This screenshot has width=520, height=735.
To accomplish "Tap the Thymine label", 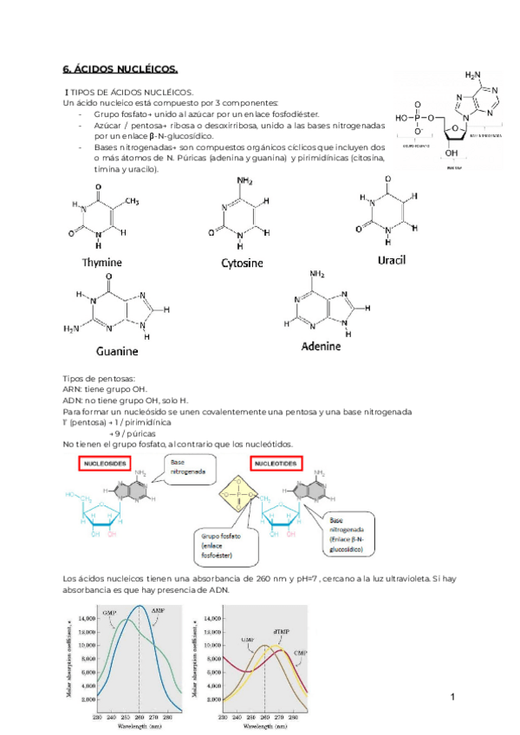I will (x=102, y=262).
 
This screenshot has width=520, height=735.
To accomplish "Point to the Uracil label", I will (x=391, y=259).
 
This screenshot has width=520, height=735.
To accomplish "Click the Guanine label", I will (x=117, y=352).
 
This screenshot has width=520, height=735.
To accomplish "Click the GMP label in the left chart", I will (x=109, y=614).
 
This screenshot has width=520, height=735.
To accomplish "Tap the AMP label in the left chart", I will (x=159, y=611).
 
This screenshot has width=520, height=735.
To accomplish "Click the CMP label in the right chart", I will (x=301, y=651).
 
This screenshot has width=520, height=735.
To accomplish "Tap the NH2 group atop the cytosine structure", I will (x=245, y=181).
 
